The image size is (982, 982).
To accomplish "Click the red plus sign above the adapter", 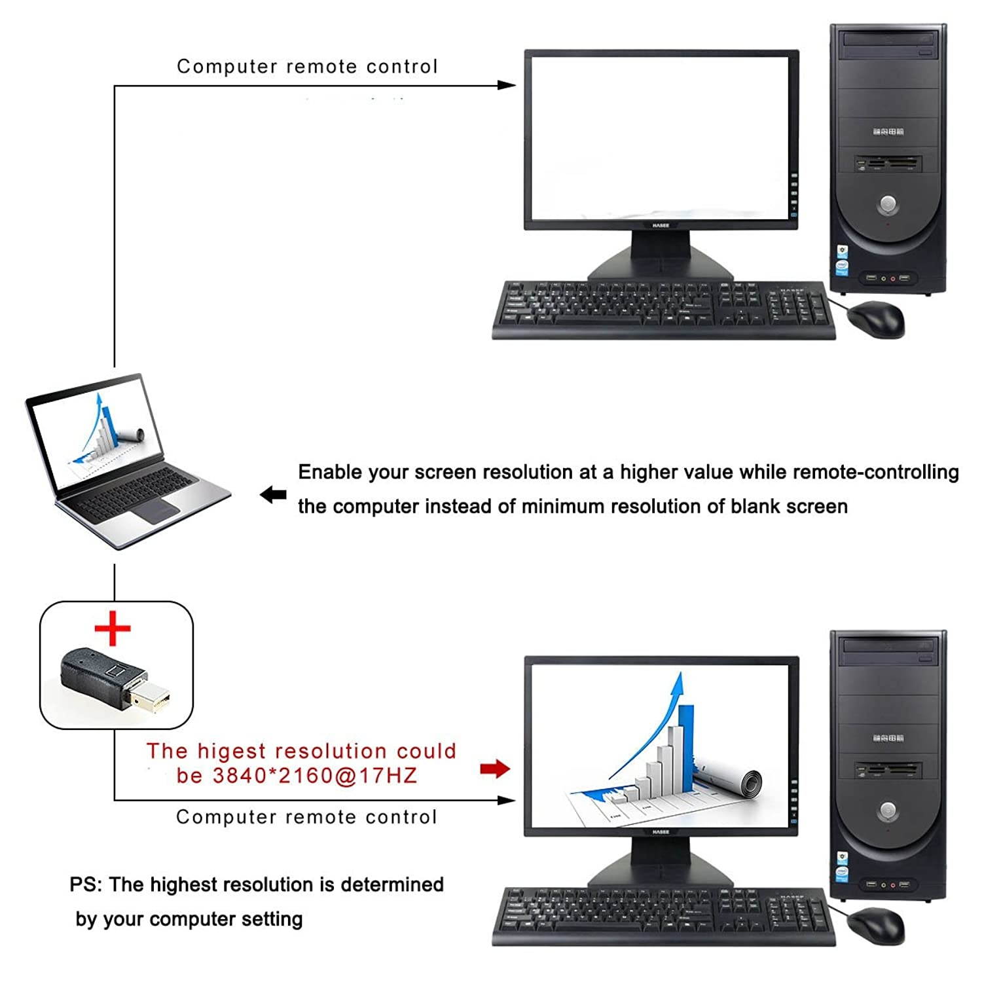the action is tap(113, 628).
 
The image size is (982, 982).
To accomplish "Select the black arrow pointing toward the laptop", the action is tap(273, 495).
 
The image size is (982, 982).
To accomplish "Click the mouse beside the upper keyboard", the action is tap(876, 319).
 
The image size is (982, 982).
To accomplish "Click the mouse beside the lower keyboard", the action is tap(876, 925).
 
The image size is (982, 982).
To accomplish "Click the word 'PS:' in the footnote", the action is tap(86, 884).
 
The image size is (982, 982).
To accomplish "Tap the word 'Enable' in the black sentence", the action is tap(329, 472).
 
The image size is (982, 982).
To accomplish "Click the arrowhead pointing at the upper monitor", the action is tap(507, 85).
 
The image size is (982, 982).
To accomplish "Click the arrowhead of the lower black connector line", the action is tap(507, 800).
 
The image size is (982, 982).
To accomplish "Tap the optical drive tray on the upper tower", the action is tap(888, 41).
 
